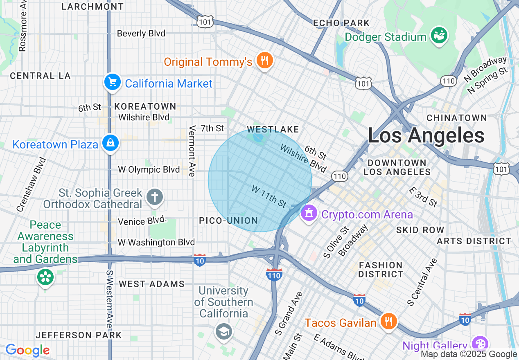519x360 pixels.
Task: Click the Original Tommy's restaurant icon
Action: tap(264, 61)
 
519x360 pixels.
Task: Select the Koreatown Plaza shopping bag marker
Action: tap(111, 143)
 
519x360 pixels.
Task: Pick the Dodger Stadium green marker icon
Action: tap(440, 36)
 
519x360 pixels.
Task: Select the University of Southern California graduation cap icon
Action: tap(224, 332)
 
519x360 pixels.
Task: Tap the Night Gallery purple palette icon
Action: tap(478, 344)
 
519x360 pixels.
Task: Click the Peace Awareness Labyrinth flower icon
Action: tap(45, 277)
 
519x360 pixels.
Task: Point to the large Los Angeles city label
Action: tap(426, 135)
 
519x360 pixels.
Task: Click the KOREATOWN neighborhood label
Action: tap(145, 106)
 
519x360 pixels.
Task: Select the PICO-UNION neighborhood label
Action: tap(228, 221)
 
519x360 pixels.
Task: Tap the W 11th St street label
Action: tap(269, 196)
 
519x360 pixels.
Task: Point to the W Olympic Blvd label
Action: tap(149, 169)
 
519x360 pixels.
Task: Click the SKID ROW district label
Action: tap(420, 230)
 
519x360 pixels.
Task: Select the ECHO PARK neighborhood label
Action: tap(341, 23)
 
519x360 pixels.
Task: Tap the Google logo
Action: tap(27, 350)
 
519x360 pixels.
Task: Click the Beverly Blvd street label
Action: tap(141, 34)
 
